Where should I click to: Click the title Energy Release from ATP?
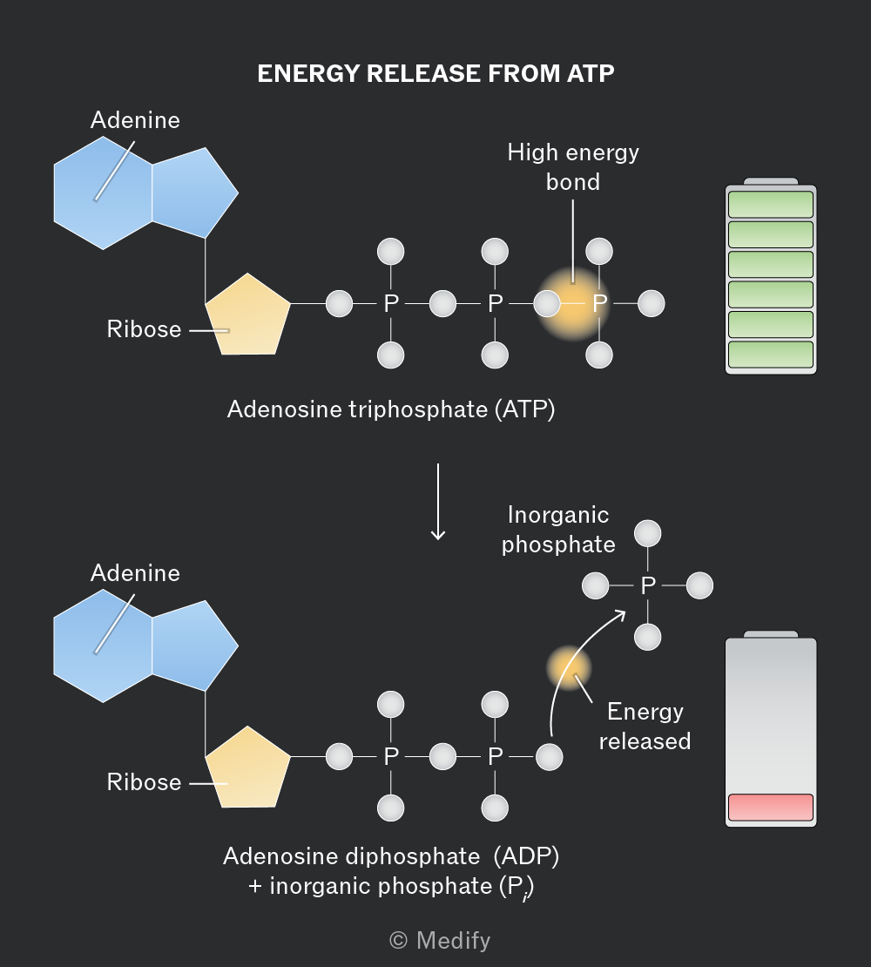(x=435, y=73)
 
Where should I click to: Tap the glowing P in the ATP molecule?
(x=599, y=303)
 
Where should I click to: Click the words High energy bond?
(x=572, y=167)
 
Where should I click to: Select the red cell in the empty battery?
(x=771, y=808)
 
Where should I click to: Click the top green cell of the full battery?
(x=771, y=204)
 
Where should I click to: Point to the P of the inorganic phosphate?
(x=648, y=585)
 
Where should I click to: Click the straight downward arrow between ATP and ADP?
(x=437, y=502)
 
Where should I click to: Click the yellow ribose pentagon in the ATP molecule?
(x=247, y=315)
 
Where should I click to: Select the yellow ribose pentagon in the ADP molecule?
(x=247, y=768)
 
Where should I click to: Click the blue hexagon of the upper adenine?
(x=103, y=193)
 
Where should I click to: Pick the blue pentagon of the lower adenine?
(x=192, y=646)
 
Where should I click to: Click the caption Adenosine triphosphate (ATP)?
(x=391, y=409)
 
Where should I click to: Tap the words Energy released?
(x=645, y=726)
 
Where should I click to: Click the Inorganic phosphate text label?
(x=558, y=530)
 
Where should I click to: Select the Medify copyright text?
(x=440, y=941)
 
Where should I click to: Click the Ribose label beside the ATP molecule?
(x=145, y=328)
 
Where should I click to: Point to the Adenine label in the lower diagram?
(x=136, y=573)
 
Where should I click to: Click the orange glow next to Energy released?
(x=569, y=668)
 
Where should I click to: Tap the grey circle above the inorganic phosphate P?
(x=648, y=533)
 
